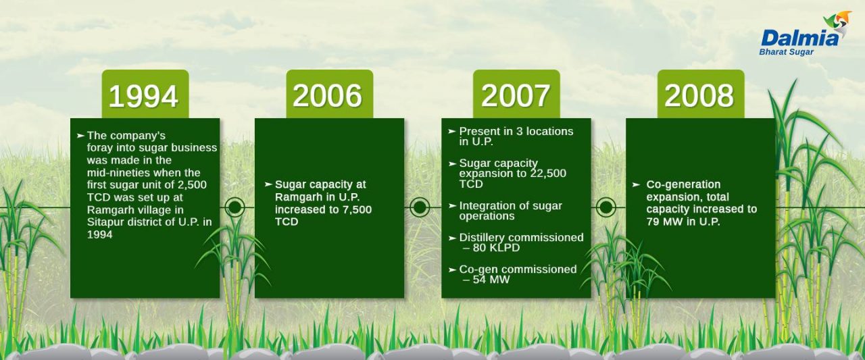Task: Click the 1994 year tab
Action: [x=145, y=94]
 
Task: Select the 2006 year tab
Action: [x=329, y=94]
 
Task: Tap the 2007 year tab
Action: [x=516, y=94]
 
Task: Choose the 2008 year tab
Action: [x=701, y=94]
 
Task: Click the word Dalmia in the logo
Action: [x=799, y=38]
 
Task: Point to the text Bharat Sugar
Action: [x=786, y=52]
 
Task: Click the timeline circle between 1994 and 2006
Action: [x=234, y=207]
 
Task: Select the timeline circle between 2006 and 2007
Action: [x=420, y=207]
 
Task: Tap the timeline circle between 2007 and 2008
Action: [x=606, y=207]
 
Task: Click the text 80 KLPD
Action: [x=496, y=248]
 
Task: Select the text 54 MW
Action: [x=491, y=280]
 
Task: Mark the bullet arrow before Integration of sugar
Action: [x=453, y=205]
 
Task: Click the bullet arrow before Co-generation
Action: [x=636, y=185]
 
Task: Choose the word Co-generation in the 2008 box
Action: [x=683, y=184]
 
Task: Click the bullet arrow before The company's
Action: [x=80, y=136]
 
